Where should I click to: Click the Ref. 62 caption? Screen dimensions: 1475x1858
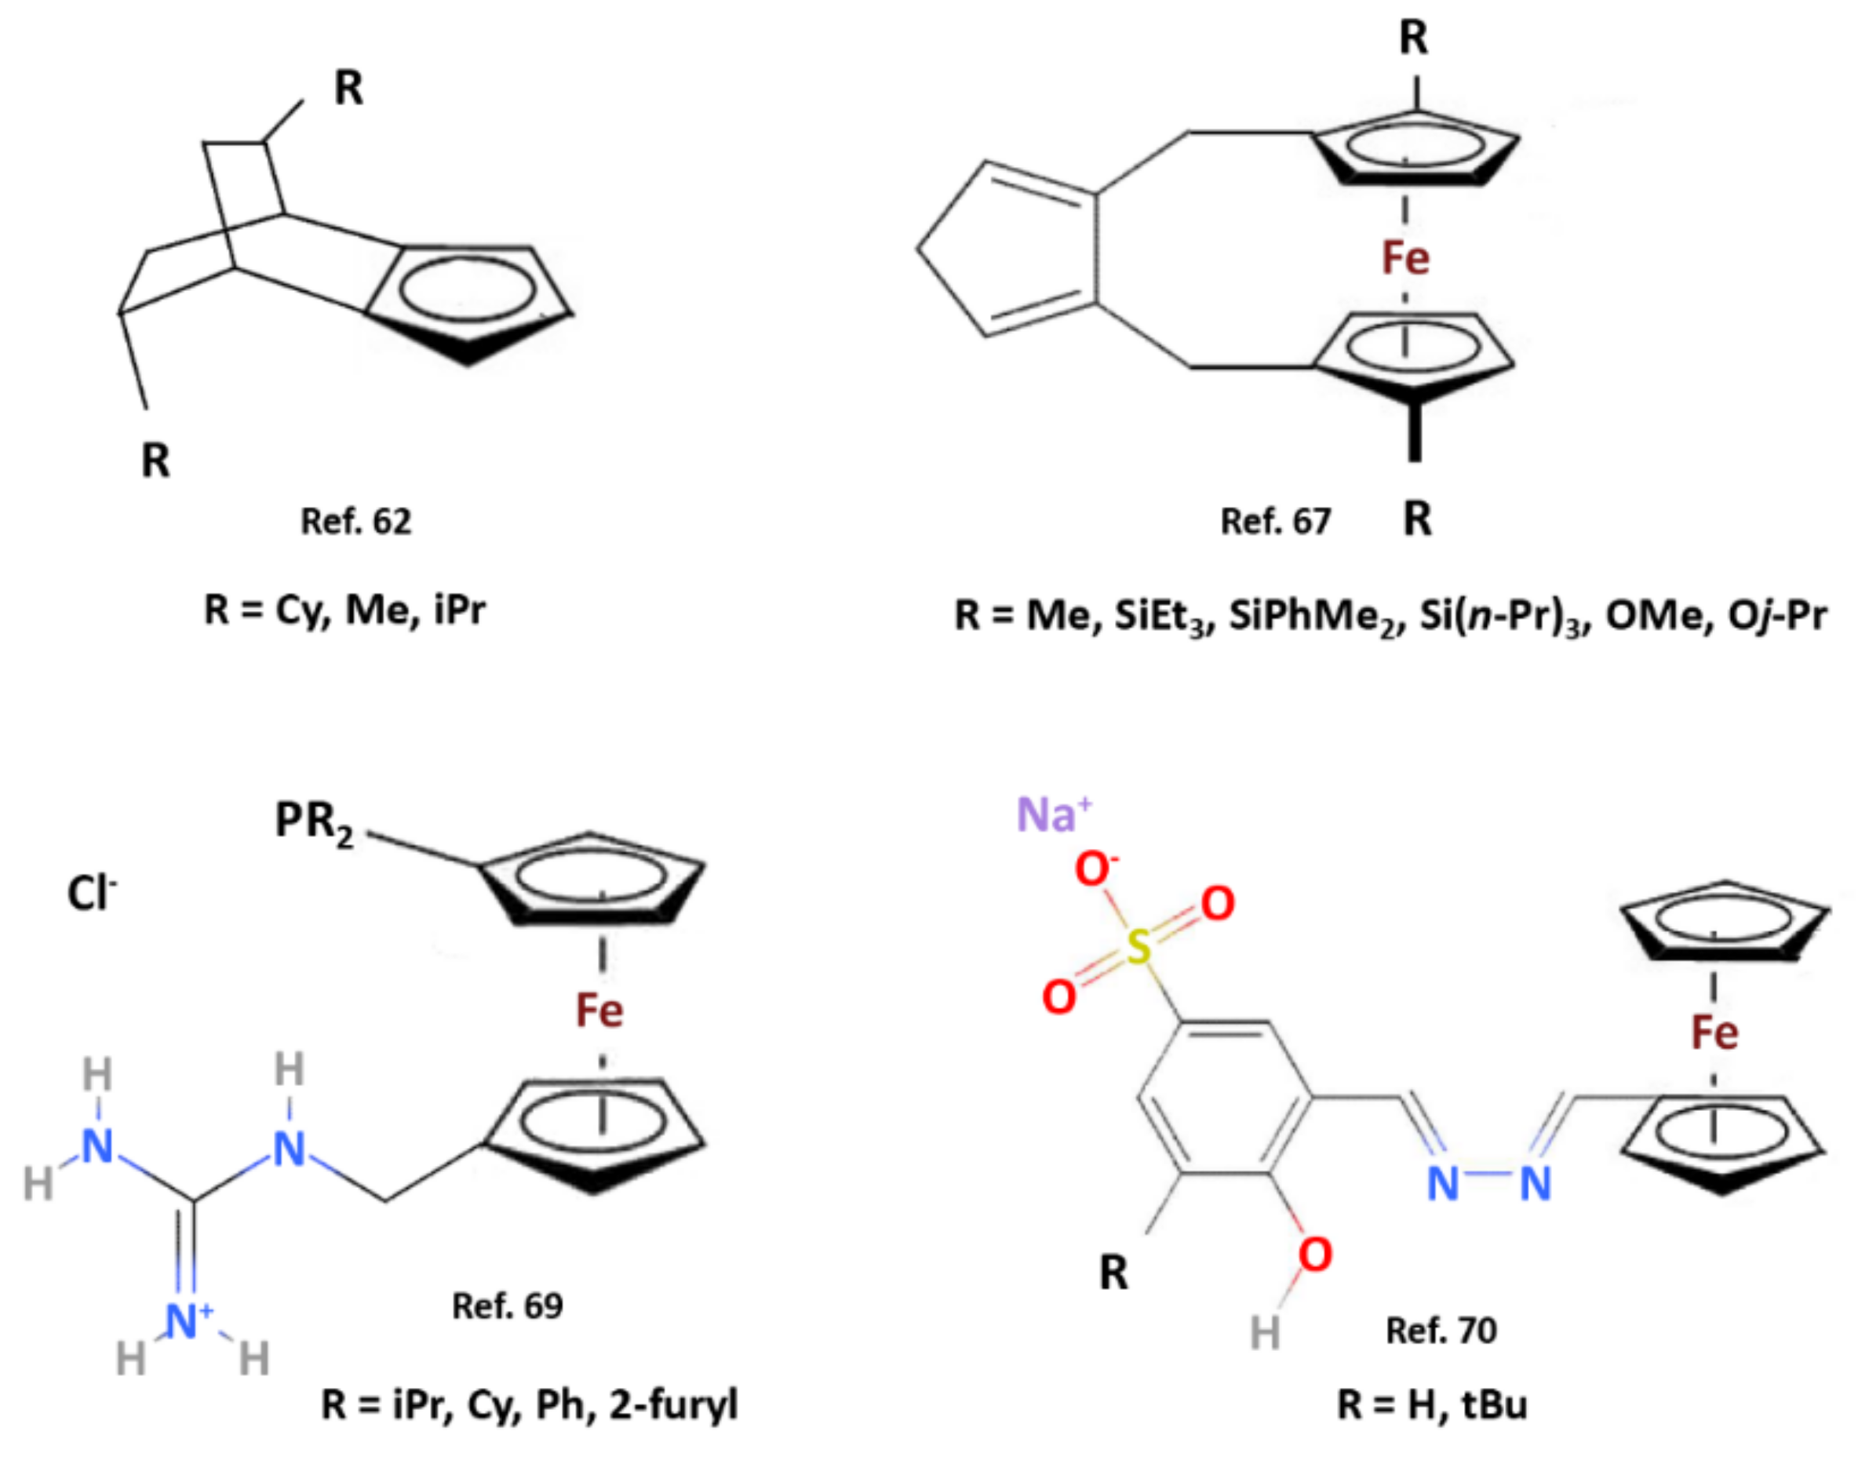[x=355, y=521]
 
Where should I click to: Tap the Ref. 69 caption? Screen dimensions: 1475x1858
[x=507, y=1306]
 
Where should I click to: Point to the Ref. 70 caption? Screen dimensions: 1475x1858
[x=1440, y=1331]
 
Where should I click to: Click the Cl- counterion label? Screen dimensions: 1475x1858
[x=91, y=894]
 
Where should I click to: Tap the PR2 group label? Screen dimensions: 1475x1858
[x=314, y=822]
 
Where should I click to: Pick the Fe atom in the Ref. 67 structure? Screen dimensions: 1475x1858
[x=1404, y=257]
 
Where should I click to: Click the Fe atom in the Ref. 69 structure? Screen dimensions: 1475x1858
[x=599, y=1011]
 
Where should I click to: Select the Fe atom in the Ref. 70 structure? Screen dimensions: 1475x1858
[x=1714, y=1032]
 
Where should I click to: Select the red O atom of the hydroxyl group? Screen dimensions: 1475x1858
[x=1315, y=1255]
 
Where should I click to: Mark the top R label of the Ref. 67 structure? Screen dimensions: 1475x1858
[x=1413, y=38]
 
